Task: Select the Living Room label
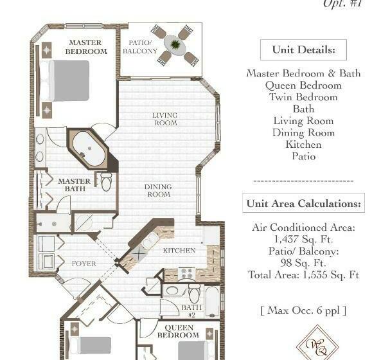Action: click(164, 120)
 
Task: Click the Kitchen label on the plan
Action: click(179, 250)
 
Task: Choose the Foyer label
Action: click(84, 264)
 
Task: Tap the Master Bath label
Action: click(75, 185)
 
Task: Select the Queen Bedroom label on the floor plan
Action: click(178, 331)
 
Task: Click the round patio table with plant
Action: click(175, 44)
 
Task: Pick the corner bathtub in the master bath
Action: click(89, 148)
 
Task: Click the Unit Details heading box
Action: click(303, 50)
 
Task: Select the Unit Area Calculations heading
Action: click(303, 203)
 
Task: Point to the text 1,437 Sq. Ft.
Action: click(303, 239)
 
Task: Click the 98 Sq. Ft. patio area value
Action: click(303, 263)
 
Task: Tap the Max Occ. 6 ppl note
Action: click(303, 310)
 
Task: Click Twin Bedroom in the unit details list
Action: click(303, 97)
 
